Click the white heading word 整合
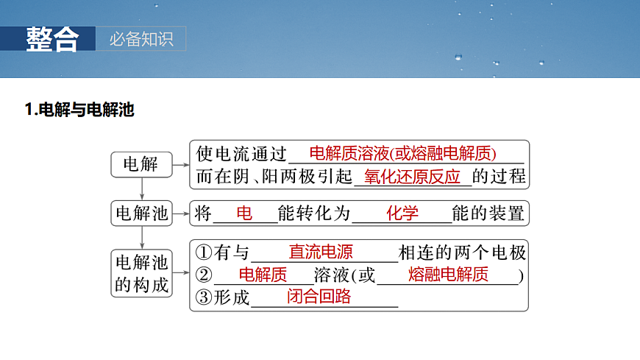tap(51, 39)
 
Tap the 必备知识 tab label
tap(141, 39)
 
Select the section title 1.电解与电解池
tap(79, 111)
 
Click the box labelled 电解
tap(141, 164)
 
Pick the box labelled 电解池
tap(142, 213)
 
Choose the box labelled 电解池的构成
tap(142, 273)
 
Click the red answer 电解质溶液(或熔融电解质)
tap(403, 154)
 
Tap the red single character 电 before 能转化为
tap(244, 213)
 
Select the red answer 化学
tap(402, 213)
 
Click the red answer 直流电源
tap(321, 252)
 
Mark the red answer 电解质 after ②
tap(263, 275)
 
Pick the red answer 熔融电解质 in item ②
tap(448, 275)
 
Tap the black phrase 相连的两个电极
tap(462, 253)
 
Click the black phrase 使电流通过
tap(241, 154)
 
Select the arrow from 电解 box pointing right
tap(180, 165)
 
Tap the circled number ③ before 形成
tap(204, 297)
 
